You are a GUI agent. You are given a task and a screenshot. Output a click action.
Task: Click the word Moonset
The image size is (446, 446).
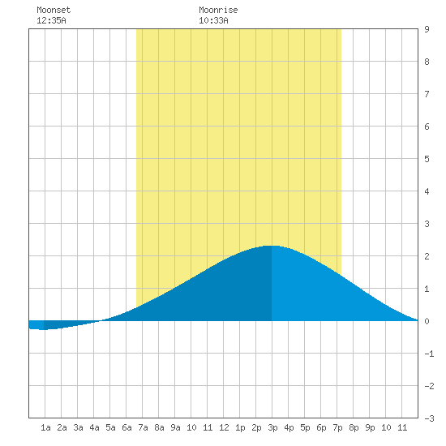[54, 10]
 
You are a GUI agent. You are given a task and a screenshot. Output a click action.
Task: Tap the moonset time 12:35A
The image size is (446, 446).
[51, 20]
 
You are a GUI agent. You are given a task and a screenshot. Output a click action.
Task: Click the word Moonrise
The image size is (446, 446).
[218, 10]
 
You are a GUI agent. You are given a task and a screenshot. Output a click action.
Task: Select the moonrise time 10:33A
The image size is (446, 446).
[213, 20]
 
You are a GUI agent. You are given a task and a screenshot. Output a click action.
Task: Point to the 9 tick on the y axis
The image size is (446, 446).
[427, 29]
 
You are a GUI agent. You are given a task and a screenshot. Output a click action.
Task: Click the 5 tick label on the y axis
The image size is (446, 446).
[427, 159]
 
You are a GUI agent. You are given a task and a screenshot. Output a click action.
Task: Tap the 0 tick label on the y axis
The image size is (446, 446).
[427, 321]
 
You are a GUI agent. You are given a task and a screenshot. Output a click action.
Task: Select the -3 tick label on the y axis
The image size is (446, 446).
[429, 418]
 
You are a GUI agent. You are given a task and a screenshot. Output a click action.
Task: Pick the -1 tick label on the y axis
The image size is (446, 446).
[429, 354]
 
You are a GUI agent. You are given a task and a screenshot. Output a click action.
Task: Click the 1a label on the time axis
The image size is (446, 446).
[45, 427]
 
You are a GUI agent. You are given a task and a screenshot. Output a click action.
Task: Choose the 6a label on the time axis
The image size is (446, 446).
[127, 427]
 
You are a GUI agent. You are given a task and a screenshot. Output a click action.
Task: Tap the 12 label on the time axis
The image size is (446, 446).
[224, 427]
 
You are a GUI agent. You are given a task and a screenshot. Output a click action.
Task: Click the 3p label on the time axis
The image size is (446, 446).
[272, 427]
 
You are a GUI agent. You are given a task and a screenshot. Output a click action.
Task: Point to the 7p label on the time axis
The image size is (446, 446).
[337, 427]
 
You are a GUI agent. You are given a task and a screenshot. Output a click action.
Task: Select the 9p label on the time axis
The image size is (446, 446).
[370, 427]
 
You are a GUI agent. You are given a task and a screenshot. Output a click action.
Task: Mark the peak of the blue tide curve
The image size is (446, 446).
[271, 246]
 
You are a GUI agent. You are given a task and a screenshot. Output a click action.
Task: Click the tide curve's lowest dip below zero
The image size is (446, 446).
[43, 329]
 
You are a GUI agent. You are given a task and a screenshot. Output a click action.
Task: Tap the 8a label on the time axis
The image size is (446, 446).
[159, 427]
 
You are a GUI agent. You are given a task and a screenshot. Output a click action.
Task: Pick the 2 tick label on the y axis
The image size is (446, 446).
[427, 256]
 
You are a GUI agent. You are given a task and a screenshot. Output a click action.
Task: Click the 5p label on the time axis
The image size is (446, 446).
[305, 427]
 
